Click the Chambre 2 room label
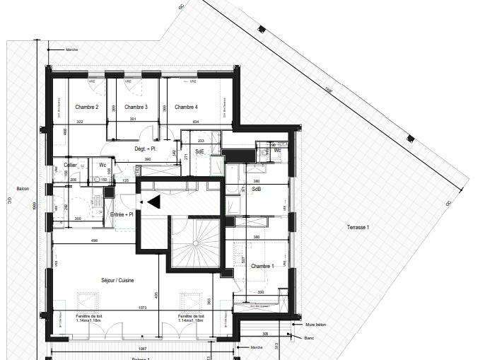tap(86, 107)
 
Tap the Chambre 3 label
tap(136, 107)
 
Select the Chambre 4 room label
tap(186, 107)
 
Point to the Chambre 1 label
tap(262, 266)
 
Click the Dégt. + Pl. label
tap(145, 149)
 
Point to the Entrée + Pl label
tap(122, 214)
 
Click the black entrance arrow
tap(153, 202)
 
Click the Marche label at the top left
tap(71, 50)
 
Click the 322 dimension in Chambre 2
tap(80, 122)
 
